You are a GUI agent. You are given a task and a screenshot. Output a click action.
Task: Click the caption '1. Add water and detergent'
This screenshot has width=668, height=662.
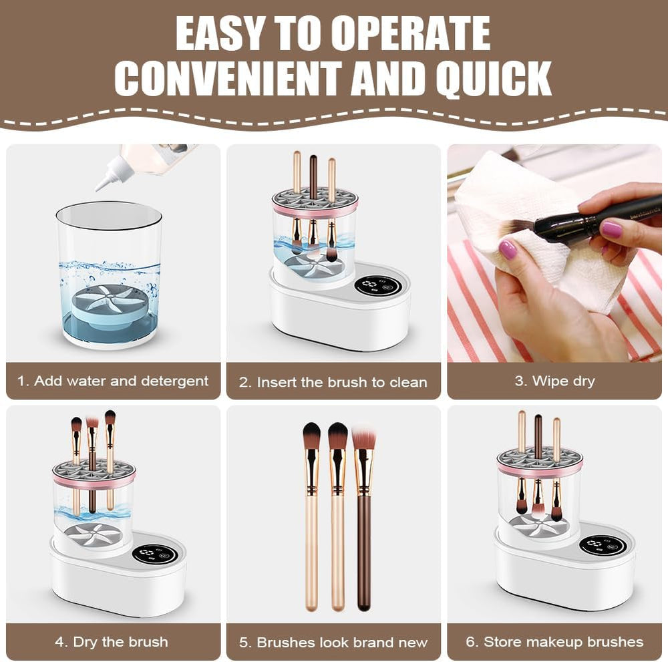coord(113,381)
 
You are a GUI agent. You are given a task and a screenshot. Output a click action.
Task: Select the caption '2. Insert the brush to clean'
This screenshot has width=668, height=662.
coord(333,382)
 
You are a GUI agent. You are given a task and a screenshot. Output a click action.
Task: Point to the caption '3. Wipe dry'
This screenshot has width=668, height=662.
coord(554,381)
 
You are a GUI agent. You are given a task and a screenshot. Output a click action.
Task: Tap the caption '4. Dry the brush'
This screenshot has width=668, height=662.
coord(112,641)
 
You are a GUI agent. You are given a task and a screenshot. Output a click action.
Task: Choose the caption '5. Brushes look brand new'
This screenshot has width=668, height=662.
coord(333,642)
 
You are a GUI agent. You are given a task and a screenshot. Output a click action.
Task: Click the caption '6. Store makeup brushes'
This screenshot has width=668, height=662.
coord(554,641)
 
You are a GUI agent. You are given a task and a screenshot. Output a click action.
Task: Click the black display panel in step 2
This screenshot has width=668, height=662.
coord(377,285)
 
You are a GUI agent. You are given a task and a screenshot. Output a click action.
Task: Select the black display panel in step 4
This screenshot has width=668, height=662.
coord(154,554)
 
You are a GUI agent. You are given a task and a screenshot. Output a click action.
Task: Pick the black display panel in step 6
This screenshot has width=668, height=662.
coord(602,545)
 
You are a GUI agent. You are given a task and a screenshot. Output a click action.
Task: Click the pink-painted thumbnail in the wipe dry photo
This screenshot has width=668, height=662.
coord(507,250)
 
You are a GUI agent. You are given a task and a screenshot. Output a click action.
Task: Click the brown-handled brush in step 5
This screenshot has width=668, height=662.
coord(363,548)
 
